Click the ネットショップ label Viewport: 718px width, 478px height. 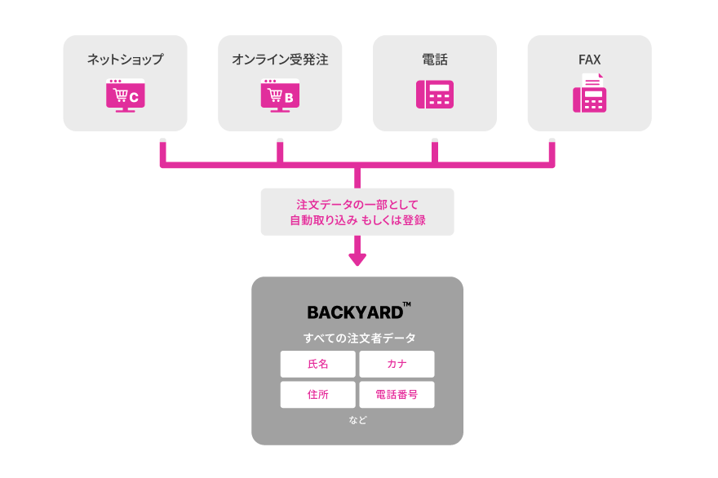coord(125,60)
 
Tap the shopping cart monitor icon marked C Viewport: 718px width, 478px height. coord(125,95)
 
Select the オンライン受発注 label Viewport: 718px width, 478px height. coord(280,60)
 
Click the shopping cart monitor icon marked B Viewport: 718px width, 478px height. coord(280,95)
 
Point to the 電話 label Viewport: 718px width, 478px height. coord(434,60)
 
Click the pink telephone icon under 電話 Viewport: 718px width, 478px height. coord(434,94)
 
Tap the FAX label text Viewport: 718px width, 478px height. coord(589,60)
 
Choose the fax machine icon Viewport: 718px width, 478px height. coord(589,93)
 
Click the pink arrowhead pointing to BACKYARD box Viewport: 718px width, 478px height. coord(357,259)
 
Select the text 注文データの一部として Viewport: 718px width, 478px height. coord(357,204)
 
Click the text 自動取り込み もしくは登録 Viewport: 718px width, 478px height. coord(357,220)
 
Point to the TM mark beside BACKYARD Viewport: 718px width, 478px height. coord(406,305)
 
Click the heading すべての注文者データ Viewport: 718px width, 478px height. coord(357,338)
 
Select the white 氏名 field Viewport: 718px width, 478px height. coord(318,364)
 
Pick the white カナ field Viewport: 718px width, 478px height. coord(397,364)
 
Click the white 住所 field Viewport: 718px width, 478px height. coord(318,395)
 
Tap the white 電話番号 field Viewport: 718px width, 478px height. coord(397,395)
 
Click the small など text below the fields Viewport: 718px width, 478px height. coord(357,421)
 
